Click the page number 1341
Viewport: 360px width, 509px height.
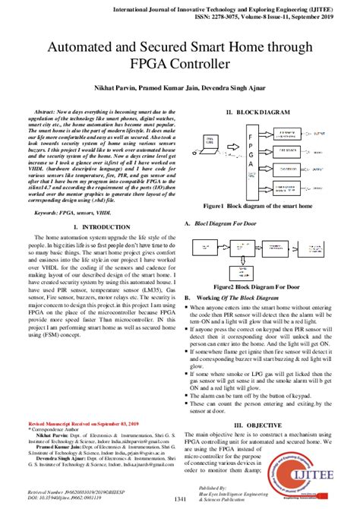point(179,498)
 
